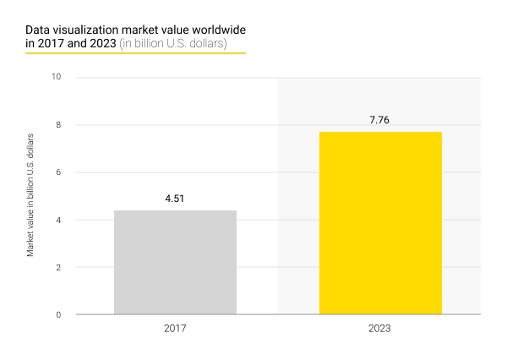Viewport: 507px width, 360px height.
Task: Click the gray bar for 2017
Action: click(175, 262)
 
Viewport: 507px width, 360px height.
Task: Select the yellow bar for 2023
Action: click(380, 223)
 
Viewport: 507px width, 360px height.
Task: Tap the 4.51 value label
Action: click(175, 199)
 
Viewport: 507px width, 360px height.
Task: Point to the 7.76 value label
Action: click(380, 121)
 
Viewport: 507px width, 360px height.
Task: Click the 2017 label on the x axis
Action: click(175, 327)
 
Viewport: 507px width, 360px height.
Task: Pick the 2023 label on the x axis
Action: click(380, 327)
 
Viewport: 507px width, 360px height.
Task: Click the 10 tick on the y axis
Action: click(57, 78)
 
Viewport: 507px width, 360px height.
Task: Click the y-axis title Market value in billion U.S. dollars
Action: click(30, 195)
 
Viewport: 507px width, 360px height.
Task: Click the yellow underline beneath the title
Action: click(135, 53)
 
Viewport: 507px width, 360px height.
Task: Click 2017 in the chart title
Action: click(52, 43)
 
